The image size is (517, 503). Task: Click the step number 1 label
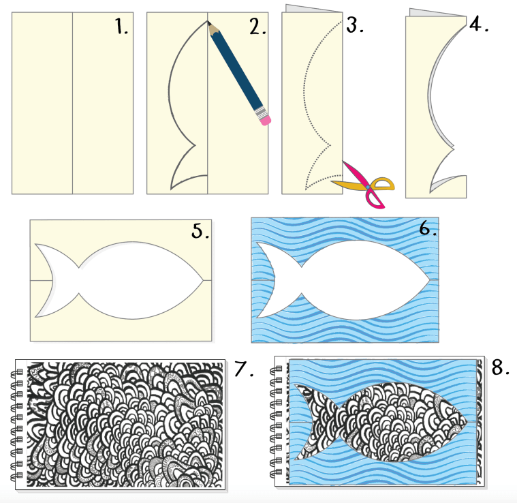click(x=121, y=27)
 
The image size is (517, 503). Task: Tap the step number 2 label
click(x=257, y=27)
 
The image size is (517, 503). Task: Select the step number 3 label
click(x=354, y=25)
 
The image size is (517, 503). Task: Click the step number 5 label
click(x=200, y=232)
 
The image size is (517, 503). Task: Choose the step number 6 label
click(x=427, y=228)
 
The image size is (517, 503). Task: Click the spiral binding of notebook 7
click(x=18, y=423)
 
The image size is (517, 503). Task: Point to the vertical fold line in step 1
click(x=72, y=102)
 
